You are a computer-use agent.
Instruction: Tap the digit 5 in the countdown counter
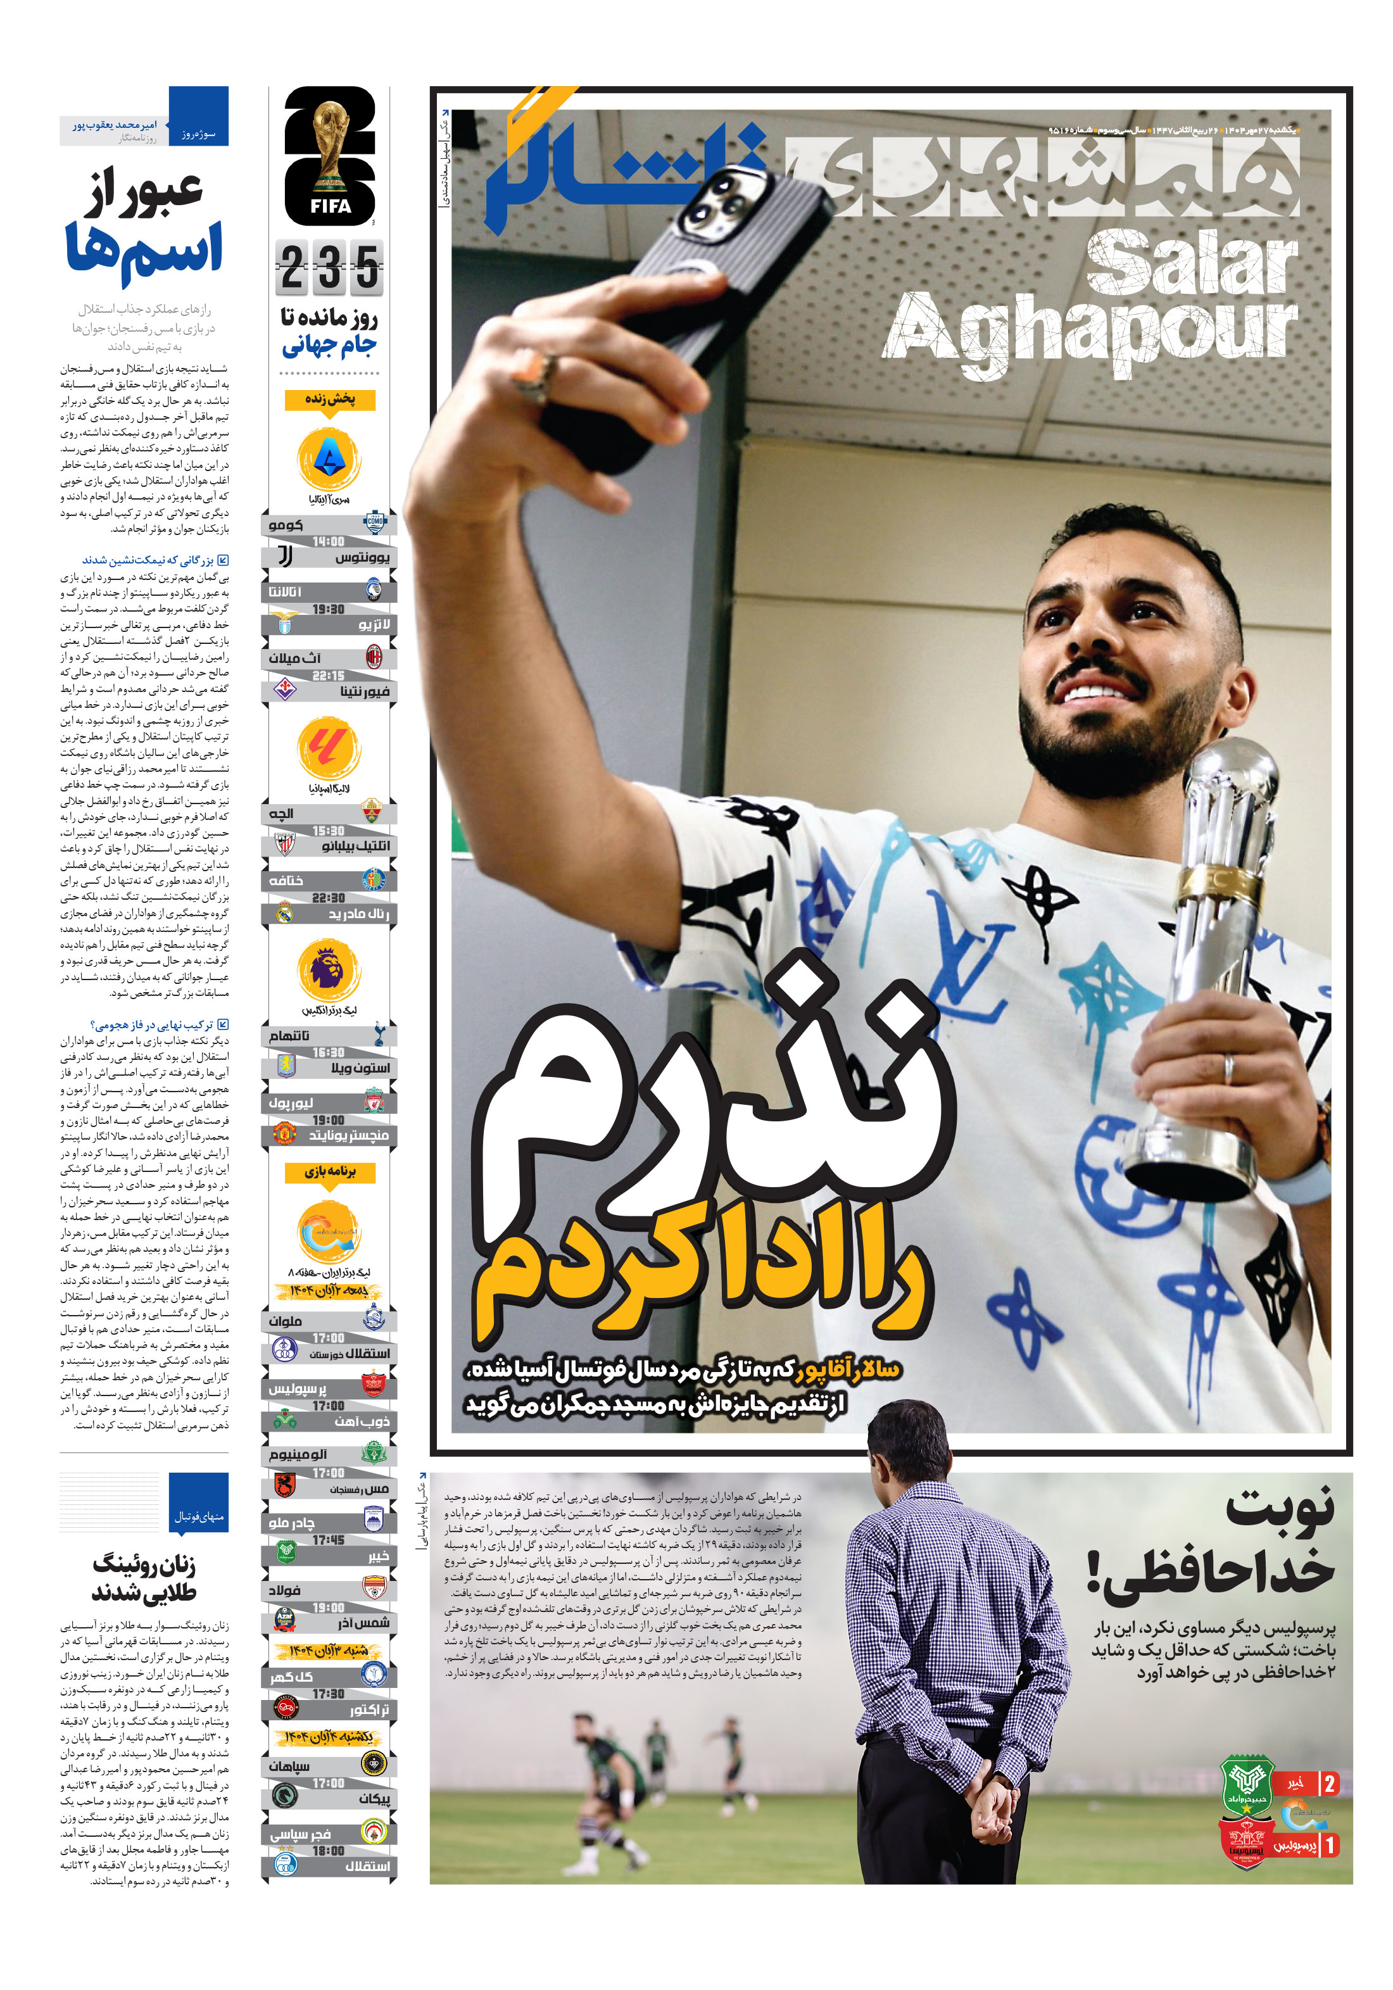coord(367,268)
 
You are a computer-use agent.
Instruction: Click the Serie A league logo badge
coord(329,460)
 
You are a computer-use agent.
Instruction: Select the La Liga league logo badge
coord(329,748)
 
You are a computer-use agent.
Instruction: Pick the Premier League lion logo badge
coord(329,970)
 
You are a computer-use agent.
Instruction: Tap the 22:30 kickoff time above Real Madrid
coord(329,898)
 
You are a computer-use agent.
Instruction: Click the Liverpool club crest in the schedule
coord(374,1102)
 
